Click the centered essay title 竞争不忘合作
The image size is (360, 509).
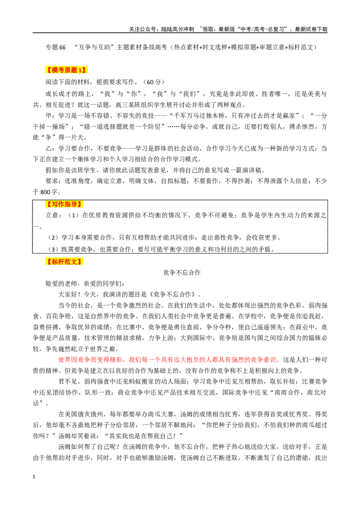pyautogui.click(x=182, y=272)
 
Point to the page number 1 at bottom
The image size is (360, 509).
pyautogui.click(x=34, y=477)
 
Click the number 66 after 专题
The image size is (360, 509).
pyautogui.click(x=63, y=47)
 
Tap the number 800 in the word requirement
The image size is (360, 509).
pyautogui.click(x=45, y=192)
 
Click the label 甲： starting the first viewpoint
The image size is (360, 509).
pyautogui.click(x=51, y=116)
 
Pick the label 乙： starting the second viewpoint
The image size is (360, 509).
pyautogui.click(x=51, y=149)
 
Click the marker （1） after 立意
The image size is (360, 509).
pyautogui.click(x=73, y=215)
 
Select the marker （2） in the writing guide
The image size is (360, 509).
pyautogui.click(x=54, y=237)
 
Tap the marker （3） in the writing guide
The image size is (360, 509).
pyautogui.click(x=54, y=249)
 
